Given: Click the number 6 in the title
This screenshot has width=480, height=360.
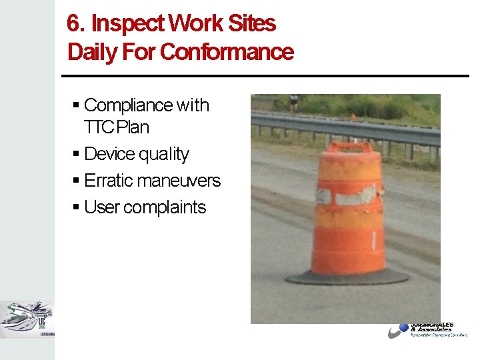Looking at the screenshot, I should (x=73, y=24).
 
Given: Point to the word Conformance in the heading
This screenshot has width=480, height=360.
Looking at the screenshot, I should (x=227, y=52).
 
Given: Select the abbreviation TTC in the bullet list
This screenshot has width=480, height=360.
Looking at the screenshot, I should (x=98, y=127).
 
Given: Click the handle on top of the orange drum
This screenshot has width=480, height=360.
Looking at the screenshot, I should (x=351, y=147).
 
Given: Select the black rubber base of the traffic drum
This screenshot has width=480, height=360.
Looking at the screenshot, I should (x=347, y=277).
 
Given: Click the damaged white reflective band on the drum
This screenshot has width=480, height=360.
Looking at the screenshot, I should (x=348, y=195).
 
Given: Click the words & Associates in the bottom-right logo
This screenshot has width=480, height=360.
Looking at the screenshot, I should (x=431, y=329).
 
